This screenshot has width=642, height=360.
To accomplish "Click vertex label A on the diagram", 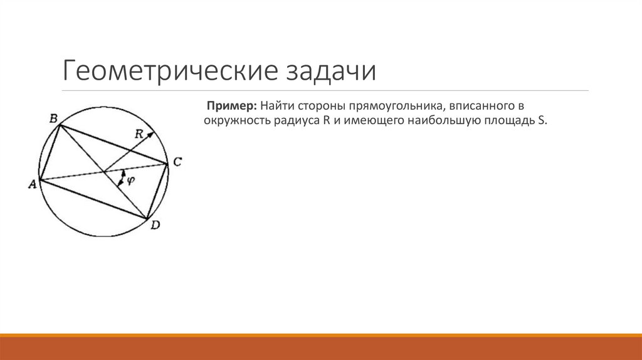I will tap(31, 184).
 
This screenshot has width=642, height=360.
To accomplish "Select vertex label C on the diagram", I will tap(177, 162).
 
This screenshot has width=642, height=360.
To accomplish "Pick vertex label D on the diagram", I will tap(155, 225).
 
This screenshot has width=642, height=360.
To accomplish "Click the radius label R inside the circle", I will tap(139, 134).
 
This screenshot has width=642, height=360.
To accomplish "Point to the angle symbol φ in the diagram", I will tap(130, 180).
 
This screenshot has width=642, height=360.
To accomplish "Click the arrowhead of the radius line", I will tap(151, 135).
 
